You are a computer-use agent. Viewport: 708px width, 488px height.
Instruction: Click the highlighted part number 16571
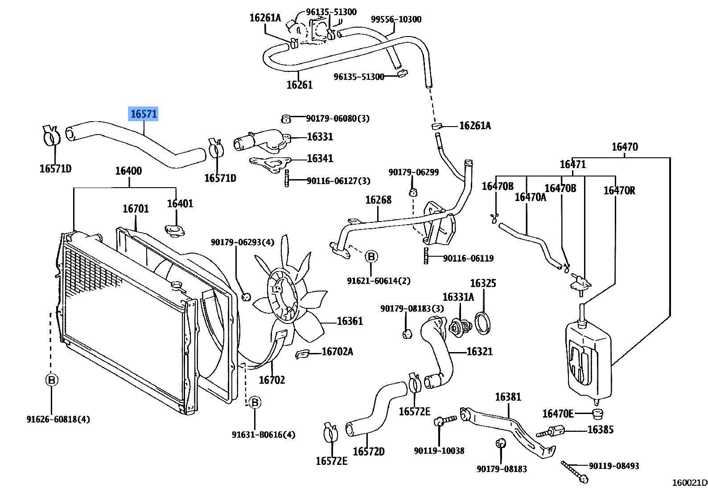tap(143, 114)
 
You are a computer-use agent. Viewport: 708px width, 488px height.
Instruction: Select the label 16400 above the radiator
tap(128, 171)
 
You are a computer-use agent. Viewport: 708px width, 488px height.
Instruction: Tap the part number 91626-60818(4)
tap(58, 419)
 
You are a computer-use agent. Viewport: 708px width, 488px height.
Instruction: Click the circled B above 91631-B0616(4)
tap(255, 403)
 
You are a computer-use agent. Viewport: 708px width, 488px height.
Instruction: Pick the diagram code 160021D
tap(689, 482)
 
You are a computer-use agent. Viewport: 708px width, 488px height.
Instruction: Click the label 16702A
tap(337, 352)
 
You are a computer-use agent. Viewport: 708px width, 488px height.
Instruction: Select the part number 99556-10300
tap(396, 20)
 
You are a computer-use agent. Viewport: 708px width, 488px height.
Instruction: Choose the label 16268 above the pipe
tap(378, 200)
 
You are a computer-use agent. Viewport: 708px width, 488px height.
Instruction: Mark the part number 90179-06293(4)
tap(243, 242)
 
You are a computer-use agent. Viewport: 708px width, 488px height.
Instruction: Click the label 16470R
tap(619, 191)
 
